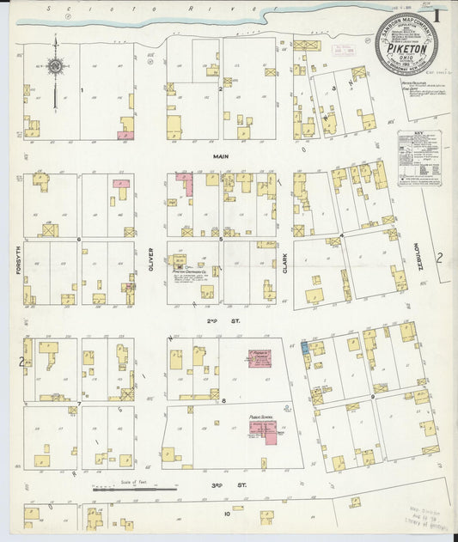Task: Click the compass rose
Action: [x=55, y=66]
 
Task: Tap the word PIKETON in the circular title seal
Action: [x=406, y=49]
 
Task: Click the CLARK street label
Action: [x=284, y=257]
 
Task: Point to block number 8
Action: [x=223, y=400]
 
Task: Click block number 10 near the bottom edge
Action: [x=227, y=514]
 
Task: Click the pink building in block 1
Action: [x=125, y=135]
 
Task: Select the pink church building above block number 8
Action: [x=260, y=357]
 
